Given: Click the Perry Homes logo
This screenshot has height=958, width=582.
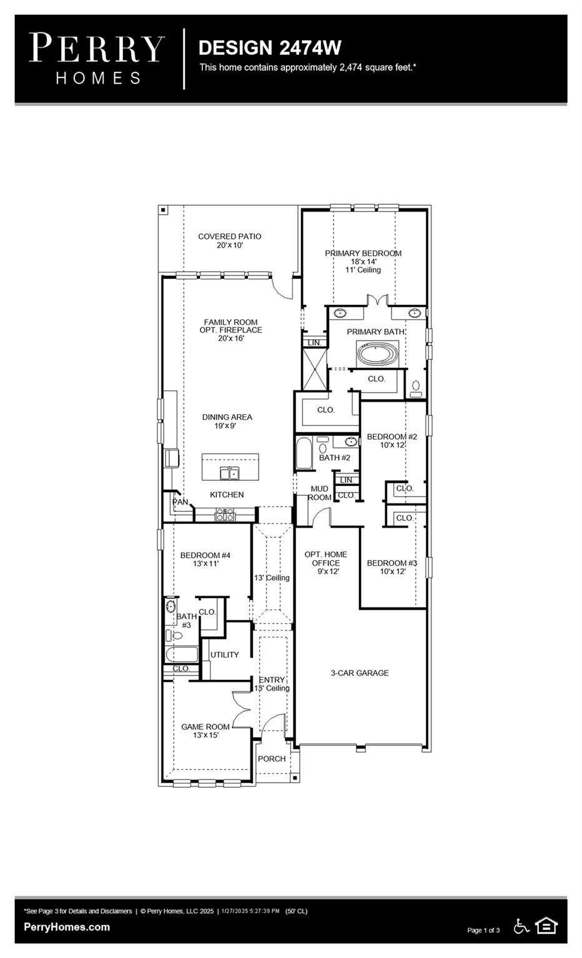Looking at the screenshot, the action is point(97,59).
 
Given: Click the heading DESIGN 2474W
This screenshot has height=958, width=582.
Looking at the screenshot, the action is point(270,48).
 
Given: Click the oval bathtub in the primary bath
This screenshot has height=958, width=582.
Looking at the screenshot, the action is point(378,354).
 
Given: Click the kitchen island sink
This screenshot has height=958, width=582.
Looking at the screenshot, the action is point(230,473).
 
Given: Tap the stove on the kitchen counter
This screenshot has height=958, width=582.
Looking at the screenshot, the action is point(225,515).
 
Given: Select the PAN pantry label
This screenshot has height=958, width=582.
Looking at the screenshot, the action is point(180,501).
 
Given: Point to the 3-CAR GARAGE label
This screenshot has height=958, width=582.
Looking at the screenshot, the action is point(360,673).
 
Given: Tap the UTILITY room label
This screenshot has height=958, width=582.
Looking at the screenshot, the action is point(224,655).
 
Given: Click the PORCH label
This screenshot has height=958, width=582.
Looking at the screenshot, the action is point(272,758).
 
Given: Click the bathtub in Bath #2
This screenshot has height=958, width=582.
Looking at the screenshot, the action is point(305,453).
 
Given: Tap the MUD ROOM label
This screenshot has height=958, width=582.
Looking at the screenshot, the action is point(320,493).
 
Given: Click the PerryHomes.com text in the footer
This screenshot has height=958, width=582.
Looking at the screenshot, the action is point(67,927).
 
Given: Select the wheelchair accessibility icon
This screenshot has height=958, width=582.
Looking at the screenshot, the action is point(521,926).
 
